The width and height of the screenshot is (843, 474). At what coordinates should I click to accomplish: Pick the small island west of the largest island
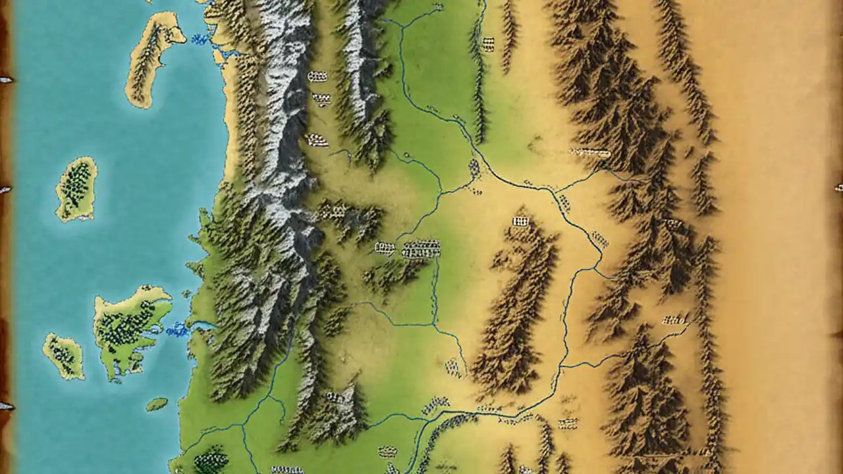[64, 355]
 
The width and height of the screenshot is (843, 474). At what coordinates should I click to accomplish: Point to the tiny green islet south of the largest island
[156, 404]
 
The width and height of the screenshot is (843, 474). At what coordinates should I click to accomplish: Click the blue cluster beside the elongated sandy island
[199, 40]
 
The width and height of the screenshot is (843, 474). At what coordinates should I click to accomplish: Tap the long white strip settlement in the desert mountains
[591, 153]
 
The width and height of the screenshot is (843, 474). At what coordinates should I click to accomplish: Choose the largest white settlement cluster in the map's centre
[421, 249]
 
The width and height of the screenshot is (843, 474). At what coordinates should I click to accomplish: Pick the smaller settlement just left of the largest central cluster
[385, 248]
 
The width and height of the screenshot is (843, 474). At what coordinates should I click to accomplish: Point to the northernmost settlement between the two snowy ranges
[317, 76]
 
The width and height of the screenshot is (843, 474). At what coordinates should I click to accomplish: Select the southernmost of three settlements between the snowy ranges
[317, 140]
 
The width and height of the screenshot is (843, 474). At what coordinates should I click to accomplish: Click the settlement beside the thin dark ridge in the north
[488, 44]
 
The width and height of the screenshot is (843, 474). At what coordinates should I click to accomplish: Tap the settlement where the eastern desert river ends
[674, 320]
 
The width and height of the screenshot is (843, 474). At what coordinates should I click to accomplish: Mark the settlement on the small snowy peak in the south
[336, 397]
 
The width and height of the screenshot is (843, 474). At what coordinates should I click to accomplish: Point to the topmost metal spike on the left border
[6, 80]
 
